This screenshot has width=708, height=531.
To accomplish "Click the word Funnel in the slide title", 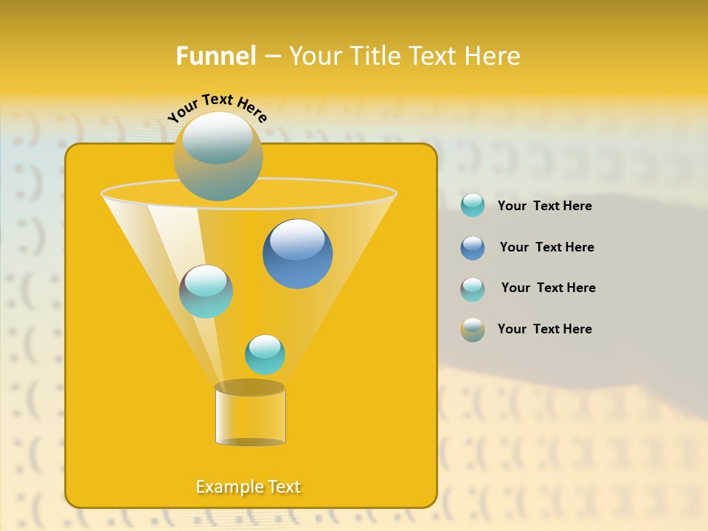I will pos(216,56).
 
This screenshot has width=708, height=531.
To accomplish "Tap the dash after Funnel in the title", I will pos(271,57).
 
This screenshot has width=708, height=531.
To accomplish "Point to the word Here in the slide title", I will pos(493,56).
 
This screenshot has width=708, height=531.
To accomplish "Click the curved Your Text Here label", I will pos(217,108).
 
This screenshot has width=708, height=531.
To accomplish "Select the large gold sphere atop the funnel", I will pos(218,156).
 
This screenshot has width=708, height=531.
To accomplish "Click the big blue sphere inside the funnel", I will pos(297,254).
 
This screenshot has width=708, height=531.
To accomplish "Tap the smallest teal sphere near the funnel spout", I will pos(265,354).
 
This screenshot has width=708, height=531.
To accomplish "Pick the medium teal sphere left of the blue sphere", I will pos(206,291).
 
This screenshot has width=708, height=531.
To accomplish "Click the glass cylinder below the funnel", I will pos(250,417).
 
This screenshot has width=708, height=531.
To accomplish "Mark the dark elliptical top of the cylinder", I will pos(250,387).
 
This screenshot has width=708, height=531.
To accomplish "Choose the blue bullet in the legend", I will pos(473,248).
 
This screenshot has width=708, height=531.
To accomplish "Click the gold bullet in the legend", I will pos(473,330).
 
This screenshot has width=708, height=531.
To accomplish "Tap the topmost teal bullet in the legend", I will pos(473,206).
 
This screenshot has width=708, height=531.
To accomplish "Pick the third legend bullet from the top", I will pos(473,289).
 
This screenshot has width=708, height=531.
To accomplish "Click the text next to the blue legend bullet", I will pos(546,247).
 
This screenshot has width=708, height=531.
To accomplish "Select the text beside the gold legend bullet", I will pos(544,329).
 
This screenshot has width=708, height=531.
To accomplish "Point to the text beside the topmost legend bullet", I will pos(544,206).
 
